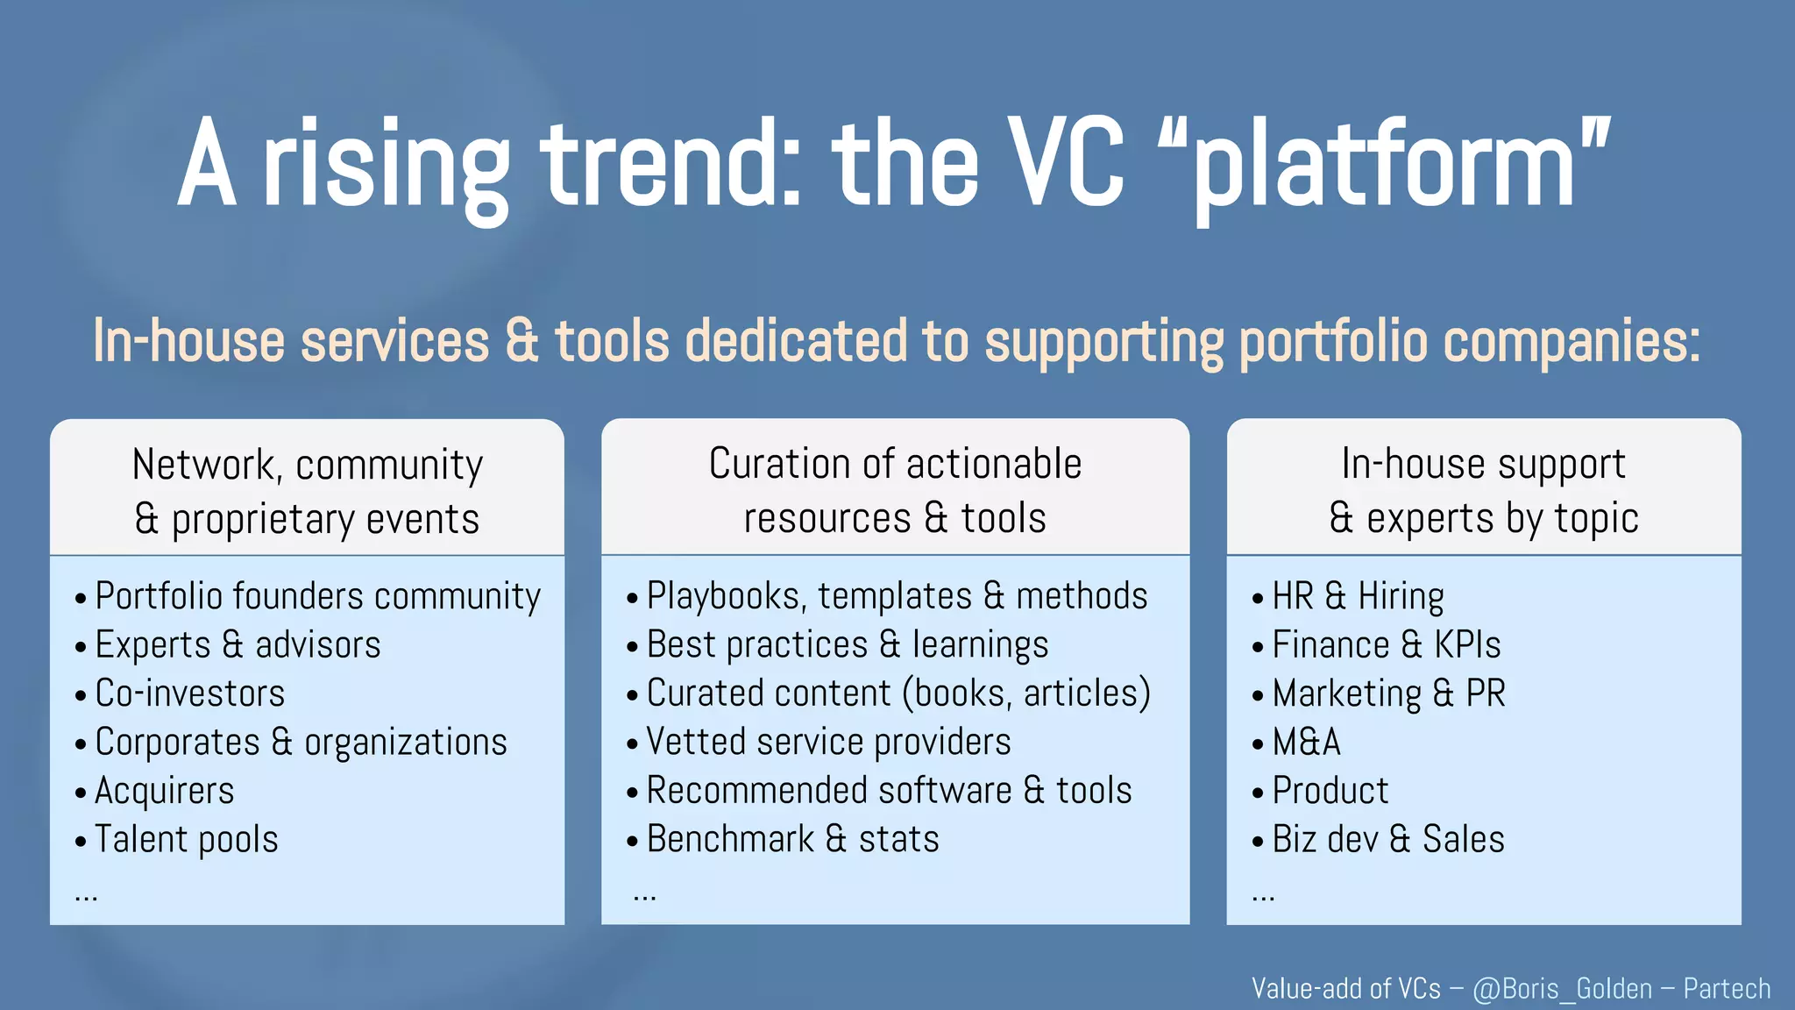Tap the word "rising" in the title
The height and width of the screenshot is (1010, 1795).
[386, 167]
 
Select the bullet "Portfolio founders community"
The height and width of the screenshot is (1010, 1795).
[317, 597]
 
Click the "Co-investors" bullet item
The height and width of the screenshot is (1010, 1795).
[189, 693]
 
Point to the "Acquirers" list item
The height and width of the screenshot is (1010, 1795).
[164, 791]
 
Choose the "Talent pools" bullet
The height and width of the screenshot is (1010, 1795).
[186, 839]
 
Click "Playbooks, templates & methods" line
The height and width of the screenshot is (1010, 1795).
[896, 597]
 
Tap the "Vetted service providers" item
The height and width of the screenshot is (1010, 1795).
[828, 743]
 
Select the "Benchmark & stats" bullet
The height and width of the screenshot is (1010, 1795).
[792, 839]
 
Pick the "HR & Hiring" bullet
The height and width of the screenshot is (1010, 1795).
[1357, 597]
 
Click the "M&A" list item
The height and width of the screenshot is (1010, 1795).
[1306, 743]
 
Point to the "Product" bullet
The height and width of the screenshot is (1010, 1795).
[1330, 791]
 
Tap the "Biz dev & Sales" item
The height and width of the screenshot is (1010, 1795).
[1387, 839]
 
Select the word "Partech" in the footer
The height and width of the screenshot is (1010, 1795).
[1727, 989]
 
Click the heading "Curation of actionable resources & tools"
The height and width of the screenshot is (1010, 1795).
[895, 491]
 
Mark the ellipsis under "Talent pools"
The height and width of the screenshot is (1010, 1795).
[86, 896]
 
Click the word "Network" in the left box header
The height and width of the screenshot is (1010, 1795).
[203, 465]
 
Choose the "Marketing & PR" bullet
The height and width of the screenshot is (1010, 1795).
[1387, 693]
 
